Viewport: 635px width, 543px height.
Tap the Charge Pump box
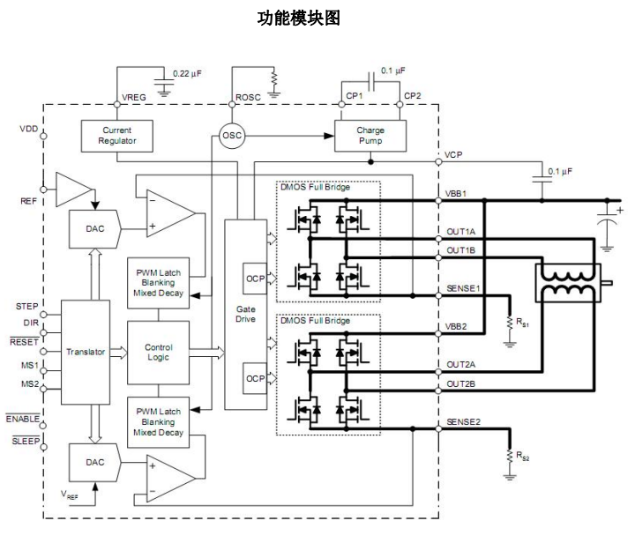tap(370, 135)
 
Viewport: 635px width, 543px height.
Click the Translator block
tap(85, 352)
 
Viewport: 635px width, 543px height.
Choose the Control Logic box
tap(159, 352)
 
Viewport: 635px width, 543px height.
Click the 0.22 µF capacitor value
tap(187, 73)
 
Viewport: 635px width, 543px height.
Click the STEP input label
tap(27, 306)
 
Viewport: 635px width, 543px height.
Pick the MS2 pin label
tap(28, 384)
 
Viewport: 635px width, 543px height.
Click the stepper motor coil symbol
tap(568, 286)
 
